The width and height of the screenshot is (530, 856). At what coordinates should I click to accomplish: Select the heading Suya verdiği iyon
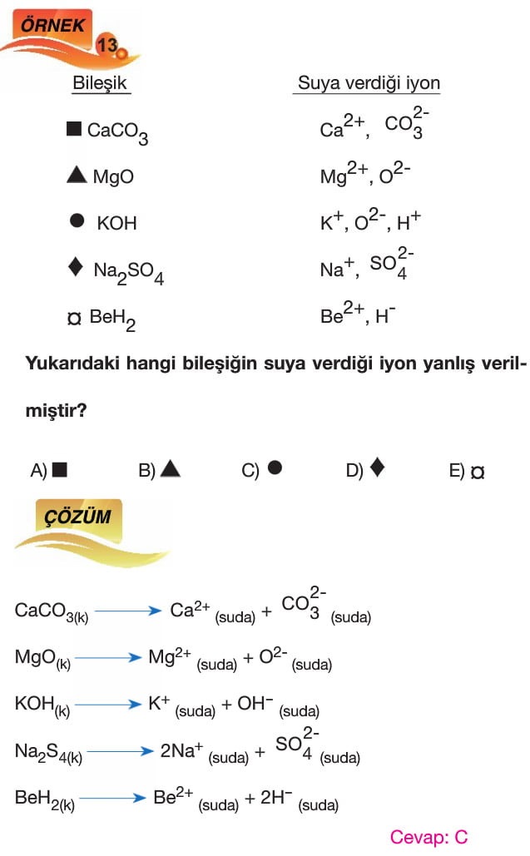(x=369, y=83)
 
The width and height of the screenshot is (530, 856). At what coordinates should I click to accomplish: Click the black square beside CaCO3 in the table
(x=74, y=129)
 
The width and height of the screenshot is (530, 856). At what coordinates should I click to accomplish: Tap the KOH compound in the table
(x=116, y=223)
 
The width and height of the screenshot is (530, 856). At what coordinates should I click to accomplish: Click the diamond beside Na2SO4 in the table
(x=75, y=267)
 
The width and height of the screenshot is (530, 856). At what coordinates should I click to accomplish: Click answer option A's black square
(x=59, y=470)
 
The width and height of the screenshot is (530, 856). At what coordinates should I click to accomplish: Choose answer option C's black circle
(x=275, y=468)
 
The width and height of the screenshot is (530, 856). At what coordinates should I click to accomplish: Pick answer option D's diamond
(x=377, y=468)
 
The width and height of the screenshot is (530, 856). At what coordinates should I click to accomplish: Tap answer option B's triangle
(x=171, y=469)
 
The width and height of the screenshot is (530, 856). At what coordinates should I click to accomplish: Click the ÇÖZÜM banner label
(x=77, y=517)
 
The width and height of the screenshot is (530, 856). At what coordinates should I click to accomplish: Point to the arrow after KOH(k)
(x=105, y=705)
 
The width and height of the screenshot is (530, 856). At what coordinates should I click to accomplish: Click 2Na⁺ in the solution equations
(x=182, y=750)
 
